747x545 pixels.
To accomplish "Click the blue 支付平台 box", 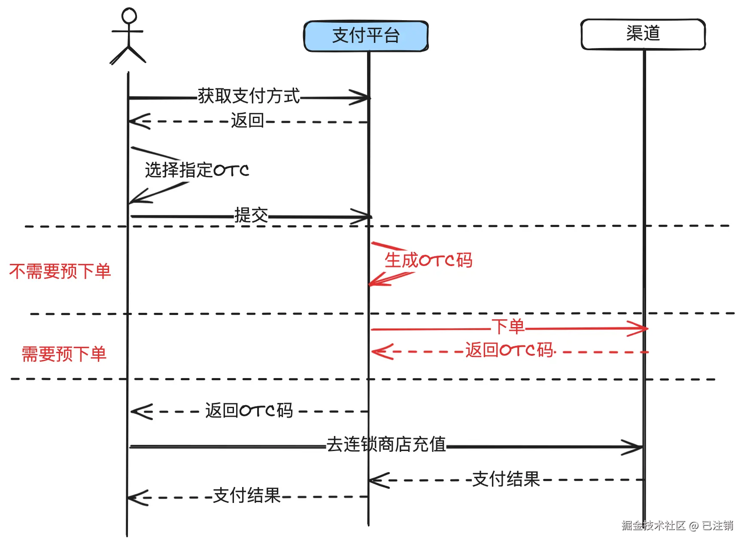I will pyautogui.click(x=366, y=36).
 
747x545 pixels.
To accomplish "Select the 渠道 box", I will pyautogui.click(x=643, y=34).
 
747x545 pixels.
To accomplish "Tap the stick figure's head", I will pyautogui.click(x=129, y=16).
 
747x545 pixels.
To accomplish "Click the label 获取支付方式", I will pyautogui.click(x=249, y=96).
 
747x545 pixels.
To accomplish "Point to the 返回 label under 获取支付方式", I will pyautogui.click(x=247, y=121).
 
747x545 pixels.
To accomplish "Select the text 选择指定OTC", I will pyautogui.click(x=197, y=170).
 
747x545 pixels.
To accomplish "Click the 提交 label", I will pyautogui.click(x=251, y=215).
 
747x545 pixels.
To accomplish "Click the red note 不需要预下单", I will pyautogui.click(x=60, y=272).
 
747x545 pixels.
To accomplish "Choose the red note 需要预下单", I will pyautogui.click(x=64, y=354).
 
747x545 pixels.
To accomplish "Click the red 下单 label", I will pyautogui.click(x=508, y=327).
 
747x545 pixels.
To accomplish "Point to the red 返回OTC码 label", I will pyautogui.click(x=510, y=350).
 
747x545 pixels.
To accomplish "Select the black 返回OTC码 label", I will pyautogui.click(x=249, y=411).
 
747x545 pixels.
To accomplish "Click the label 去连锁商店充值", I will pyautogui.click(x=386, y=445).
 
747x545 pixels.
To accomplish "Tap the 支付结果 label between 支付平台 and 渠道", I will pyautogui.click(x=506, y=479).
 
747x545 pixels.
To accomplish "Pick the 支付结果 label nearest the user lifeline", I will pyautogui.click(x=246, y=496).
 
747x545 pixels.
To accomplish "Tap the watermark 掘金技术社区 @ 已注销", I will pyautogui.click(x=677, y=526).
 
